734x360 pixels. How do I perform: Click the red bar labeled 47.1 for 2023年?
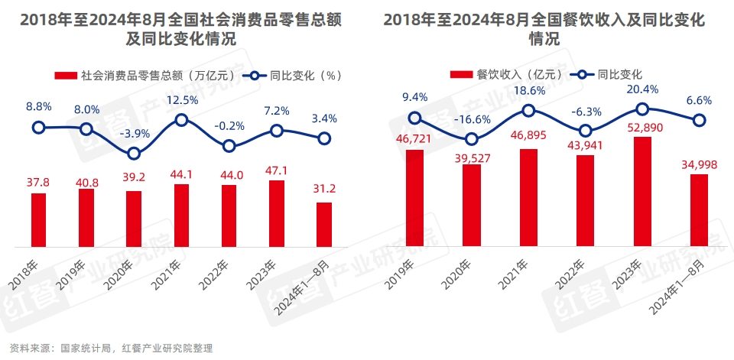pos(276,213)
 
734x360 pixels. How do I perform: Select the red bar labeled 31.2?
pos(324,225)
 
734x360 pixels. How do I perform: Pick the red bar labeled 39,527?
pos(472,206)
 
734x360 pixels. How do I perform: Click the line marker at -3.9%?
pos(134,153)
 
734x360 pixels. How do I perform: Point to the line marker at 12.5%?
pos(181,119)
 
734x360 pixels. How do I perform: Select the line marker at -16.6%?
pos(472,139)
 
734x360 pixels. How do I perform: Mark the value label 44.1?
pos(181,174)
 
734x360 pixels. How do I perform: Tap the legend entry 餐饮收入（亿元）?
pos(508,74)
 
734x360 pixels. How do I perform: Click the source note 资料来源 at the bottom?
pos(106,348)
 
